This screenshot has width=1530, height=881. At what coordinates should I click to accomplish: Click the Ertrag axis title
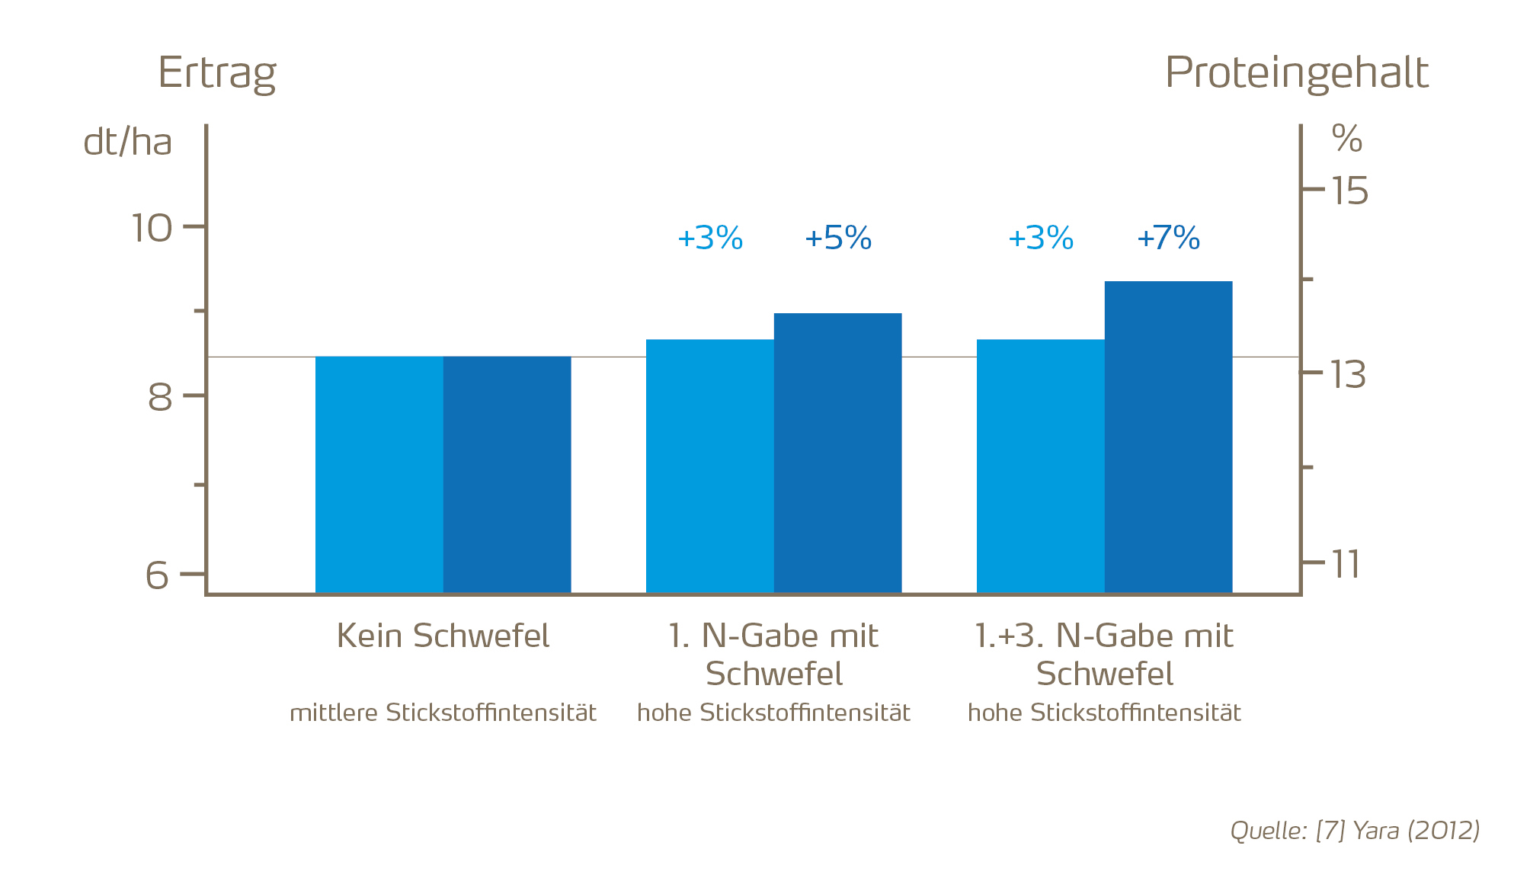pyautogui.click(x=217, y=73)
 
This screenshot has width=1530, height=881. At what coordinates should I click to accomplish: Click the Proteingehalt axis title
pyautogui.click(x=1296, y=73)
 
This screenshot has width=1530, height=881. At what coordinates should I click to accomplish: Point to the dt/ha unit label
pyautogui.click(x=127, y=143)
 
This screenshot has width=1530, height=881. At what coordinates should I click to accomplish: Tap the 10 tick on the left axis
pyautogui.click(x=152, y=228)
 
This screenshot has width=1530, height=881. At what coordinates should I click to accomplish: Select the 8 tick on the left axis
pyautogui.click(x=160, y=397)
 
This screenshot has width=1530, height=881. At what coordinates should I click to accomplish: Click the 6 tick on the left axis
pyautogui.click(x=157, y=575)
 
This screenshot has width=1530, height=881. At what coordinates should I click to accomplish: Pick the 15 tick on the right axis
pyautogui.click(x=1349, y=191)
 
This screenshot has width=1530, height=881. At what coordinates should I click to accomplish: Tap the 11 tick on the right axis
pyautogui.click(x=1346, y=565)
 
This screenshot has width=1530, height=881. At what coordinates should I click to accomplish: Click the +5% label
pyautogui.click(x=837, y=239)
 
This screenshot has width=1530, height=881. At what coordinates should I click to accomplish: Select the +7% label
pyautogui.click(x=1168, y=239)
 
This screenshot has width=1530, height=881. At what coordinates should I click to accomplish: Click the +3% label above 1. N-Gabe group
pyautogui.click(x=709, y=239)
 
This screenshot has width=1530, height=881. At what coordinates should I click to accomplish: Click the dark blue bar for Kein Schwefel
pyautogui.click(x=507, y=474)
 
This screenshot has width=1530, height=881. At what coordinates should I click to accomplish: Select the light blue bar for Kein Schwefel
pyautogui.click(x=379, y=474)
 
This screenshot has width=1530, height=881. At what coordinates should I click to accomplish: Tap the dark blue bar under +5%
pyautogui.click(x=837, y=453)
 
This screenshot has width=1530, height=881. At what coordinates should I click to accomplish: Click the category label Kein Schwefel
pyautogui.click(x=443, y=636)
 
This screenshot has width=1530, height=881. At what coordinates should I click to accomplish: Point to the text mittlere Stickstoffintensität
pyautogui.click(x=443, y=713)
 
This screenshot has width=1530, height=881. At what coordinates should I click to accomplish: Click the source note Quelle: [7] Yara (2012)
pyautogui.click(x=1355, y=830)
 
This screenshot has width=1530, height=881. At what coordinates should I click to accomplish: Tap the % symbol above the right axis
pyautogui.click(x=1346, y=139)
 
